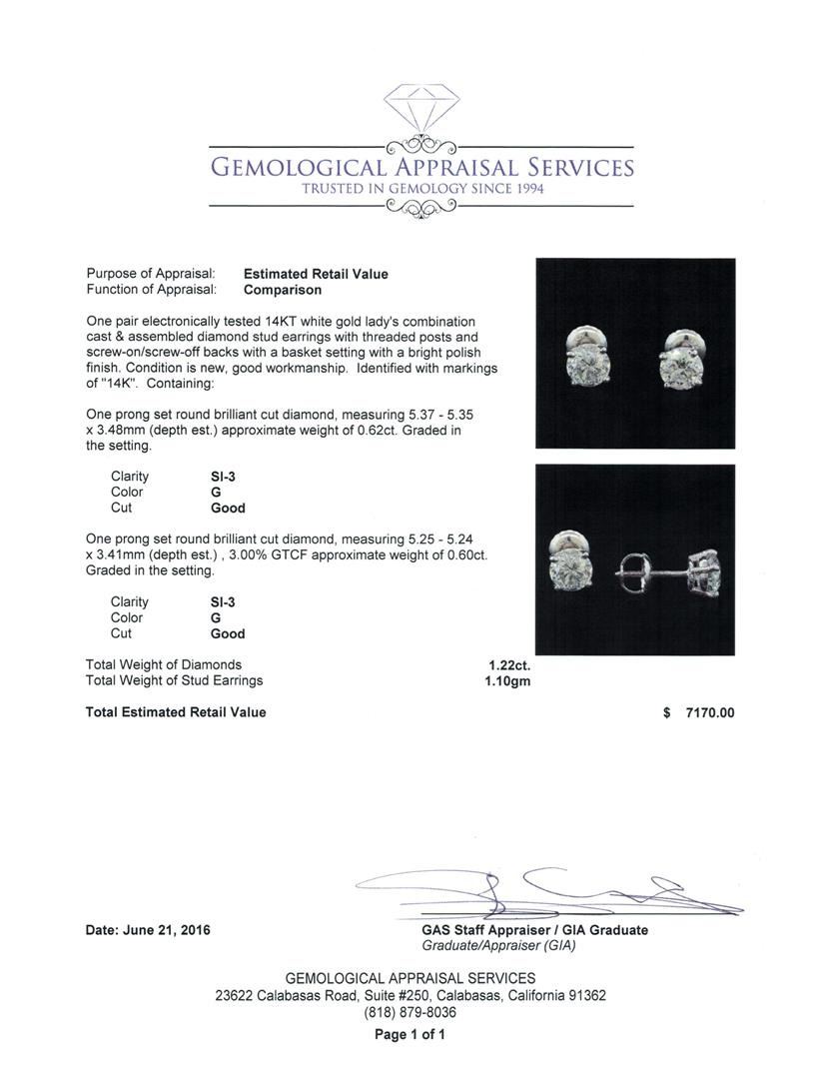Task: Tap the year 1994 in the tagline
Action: (524, 189)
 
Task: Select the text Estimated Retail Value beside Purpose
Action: (316, 274)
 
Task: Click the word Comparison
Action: (283, 290)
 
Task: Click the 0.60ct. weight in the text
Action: (461, 555)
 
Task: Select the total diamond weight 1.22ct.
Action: (509, 664)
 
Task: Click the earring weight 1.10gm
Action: (509, 680)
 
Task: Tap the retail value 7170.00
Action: (709, 712)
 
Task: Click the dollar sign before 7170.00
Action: (666, 712)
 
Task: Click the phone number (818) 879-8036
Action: (410, 1013)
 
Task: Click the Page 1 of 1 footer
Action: (410, 1035)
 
